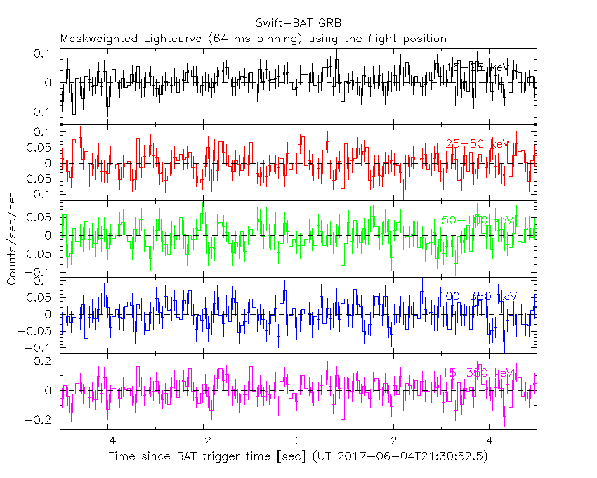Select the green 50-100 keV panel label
point(478,220)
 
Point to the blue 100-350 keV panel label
point(478,297)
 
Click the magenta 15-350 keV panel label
point(477,373)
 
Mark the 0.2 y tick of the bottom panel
point(42,361)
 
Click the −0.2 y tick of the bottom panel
point(39,420)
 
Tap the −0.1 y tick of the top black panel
point(39,112)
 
